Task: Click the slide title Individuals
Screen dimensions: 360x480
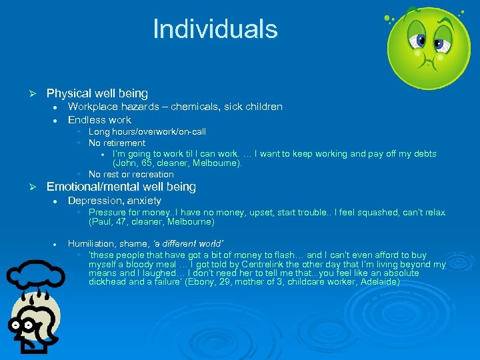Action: (x=215, y=29)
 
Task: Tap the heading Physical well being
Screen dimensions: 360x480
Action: (x=97, y=93)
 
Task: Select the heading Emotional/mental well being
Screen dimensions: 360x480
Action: (x=121, y=187)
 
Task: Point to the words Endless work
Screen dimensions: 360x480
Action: (x=99, y=120)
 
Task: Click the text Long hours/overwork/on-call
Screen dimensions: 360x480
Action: (x=147, y=132)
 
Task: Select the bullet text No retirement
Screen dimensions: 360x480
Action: (x=117, y=143)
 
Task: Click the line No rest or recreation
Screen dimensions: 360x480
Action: (x=131, y=174)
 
